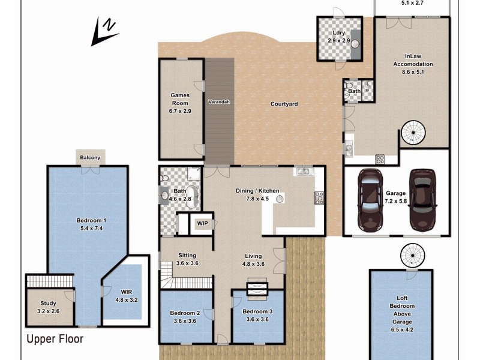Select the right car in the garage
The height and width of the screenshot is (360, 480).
[422, 200]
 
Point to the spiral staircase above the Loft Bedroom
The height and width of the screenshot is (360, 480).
[412, 256]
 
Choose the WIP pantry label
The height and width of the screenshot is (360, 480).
[202, 224]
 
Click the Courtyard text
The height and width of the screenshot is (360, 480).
[284, 104]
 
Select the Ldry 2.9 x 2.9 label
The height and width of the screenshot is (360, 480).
[338, 37]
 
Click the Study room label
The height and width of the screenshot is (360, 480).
[48, 307]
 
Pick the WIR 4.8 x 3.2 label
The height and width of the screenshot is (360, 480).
[127, 295]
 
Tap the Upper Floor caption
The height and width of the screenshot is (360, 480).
[55, 339]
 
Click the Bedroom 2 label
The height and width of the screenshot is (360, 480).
[184, 317]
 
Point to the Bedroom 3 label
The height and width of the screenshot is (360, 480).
[257, 316]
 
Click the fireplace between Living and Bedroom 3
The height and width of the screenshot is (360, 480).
[256, 289]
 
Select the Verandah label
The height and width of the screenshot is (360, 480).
[219, 102]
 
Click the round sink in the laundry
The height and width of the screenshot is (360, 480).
[355, 43]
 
